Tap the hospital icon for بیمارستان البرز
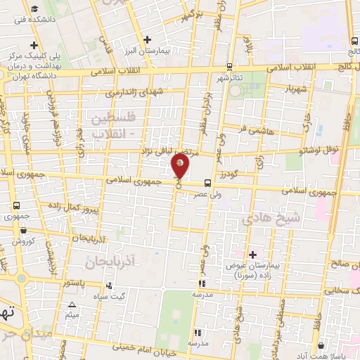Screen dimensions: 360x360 tap(146, 39)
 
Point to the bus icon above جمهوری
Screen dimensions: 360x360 tap(15, 205)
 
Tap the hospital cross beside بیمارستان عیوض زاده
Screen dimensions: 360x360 tap(252, 253)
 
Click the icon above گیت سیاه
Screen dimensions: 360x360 tap(109, 285)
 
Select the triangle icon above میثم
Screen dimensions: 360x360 tap(72, 304)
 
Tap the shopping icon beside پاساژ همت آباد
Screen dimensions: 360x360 tap(321, 345)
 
